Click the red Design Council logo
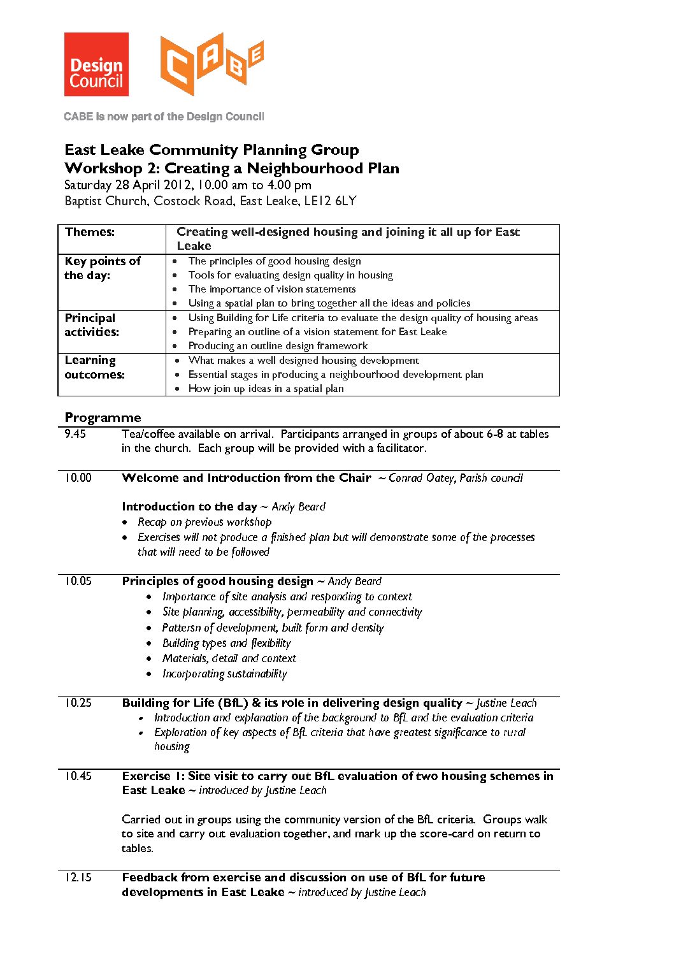(x=96, y=64)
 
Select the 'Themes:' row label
(x=90, y=232)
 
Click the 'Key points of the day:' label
(x=102, y=268)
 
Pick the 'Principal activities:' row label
(x=92, y=325)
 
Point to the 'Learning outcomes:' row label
(x=94, y=368)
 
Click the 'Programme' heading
(x=103, y=418)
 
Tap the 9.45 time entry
(x=75, y=434)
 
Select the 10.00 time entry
(x=78, y=478)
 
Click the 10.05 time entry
(x=78, y=581)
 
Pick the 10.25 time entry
(x=78, y=703)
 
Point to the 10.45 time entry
(x=78, y=776)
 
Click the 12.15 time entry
(x=78, y=878)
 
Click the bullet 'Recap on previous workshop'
(x=204, y=523)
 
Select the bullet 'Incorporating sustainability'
(x=224, y=674)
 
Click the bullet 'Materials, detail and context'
(x=229, y=659)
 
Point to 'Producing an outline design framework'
(x=278, y=346)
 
